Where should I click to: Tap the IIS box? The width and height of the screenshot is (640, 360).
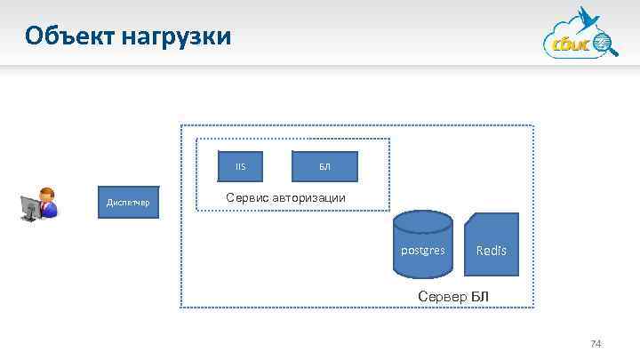[240, 166]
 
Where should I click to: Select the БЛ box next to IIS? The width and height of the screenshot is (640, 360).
[324, 166]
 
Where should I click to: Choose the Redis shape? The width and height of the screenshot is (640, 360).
[491, 244]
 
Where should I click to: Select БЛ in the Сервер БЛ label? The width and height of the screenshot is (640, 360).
[478, 295]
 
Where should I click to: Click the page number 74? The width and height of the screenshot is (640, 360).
[596, 344]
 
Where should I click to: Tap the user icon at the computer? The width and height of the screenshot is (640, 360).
[39, 204]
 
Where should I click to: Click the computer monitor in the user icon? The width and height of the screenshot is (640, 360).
[31, 207]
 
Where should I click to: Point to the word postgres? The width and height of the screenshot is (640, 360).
[423, 251]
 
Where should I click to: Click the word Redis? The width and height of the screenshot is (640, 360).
[491, 251]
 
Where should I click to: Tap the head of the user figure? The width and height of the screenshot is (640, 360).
[48, 196]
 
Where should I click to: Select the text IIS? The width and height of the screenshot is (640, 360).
[240, 166]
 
